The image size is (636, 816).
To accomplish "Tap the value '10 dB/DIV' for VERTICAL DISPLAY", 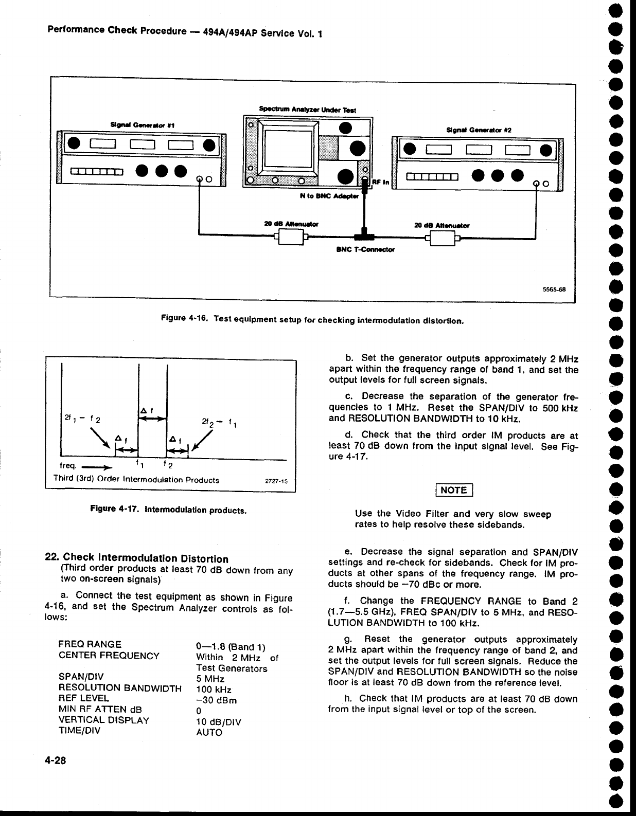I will pos(219,721).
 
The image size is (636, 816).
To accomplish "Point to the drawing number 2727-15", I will pos(276,481).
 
